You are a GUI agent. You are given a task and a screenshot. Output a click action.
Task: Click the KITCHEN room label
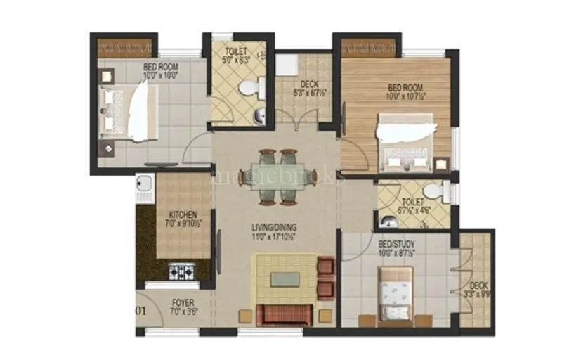point(182,214)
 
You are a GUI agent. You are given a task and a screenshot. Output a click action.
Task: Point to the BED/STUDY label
point(396,243)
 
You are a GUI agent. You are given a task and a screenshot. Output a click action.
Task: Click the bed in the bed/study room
point(396,291)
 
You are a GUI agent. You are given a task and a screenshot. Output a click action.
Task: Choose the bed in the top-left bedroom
point(126,110)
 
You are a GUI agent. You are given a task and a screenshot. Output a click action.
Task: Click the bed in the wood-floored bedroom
point(405,145)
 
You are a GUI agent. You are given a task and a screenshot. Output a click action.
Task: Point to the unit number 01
point(140,309)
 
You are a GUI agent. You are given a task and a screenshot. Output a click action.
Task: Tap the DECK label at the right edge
point(479,285)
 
